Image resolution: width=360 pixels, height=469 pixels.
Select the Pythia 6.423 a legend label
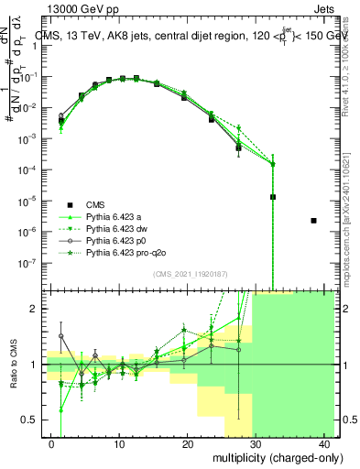point(115,216)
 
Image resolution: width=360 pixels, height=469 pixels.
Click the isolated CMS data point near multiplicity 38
point(314,220)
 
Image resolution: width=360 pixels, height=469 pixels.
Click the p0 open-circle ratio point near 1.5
point(61,336)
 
